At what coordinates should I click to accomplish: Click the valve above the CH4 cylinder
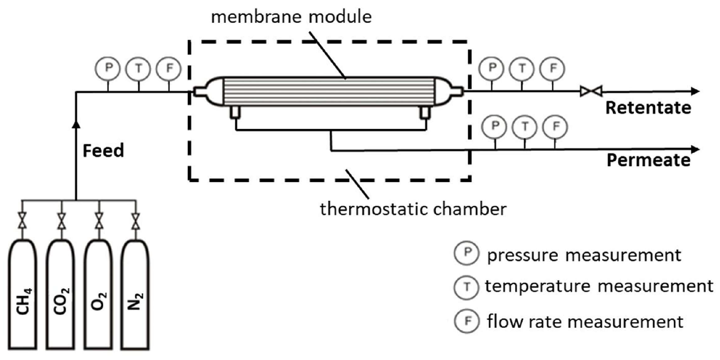(x=22, y=221)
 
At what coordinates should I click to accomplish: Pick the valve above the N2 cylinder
(x=136, y=221)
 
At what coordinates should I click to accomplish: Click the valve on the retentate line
(x=591, y=91)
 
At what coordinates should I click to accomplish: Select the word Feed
(x=103, y=150)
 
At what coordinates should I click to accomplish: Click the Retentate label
(x=648, y=108)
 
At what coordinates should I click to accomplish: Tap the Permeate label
(x=648, y=160)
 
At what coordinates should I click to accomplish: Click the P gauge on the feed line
(x=108, y=68)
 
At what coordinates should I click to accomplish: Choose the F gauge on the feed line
(x=169, y=68)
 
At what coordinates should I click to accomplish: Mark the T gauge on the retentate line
(x=522, y=68)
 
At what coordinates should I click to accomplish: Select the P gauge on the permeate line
(x=495, y=126)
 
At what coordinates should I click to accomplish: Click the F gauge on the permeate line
(x=555, y=126)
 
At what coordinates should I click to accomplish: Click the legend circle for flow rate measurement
(x=467, y=321)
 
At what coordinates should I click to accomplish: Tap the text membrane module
(x=291, y=17)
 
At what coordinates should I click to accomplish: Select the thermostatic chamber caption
(x=413, y=209)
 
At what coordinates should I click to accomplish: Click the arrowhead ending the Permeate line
(x=695, y=150)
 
